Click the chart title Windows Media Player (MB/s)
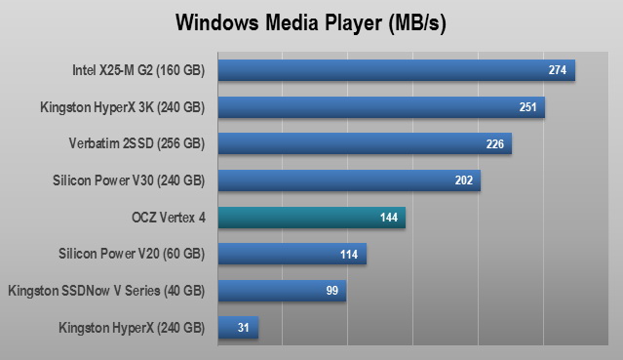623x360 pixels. pos(311,23)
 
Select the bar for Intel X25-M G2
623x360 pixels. pos(397,70)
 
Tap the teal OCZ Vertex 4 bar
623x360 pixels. pos(312,218)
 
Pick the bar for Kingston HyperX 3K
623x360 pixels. pos(381,107)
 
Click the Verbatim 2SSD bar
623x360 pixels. pos(365,143)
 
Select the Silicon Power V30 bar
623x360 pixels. pos(349,180)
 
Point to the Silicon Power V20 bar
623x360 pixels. pos(292,254)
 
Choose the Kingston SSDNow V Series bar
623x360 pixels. pos(282,291)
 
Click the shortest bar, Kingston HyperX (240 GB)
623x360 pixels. pos(239,328)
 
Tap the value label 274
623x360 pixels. pos(558,70)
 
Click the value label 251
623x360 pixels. pos(527,107)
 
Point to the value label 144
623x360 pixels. pos(389,218)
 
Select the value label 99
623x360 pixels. pos(332,291)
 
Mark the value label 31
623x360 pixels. pos(243,328)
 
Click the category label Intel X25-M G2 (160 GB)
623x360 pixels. pos(138,70)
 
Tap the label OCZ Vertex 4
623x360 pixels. pos(169,218)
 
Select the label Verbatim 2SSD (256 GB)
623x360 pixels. pos(136,143)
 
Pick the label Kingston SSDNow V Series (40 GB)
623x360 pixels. pos(106,291)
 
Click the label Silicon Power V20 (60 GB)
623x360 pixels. pos(132,254)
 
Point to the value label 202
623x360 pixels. pos(464,180)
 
